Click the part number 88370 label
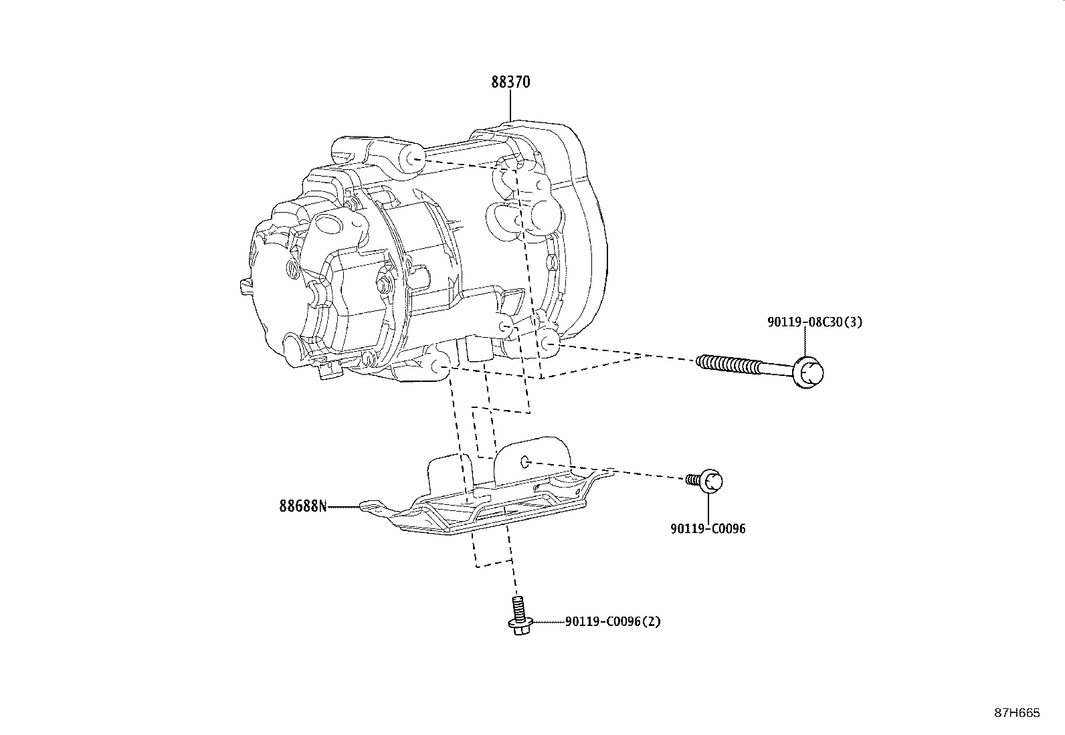click(510, 82)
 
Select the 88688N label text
click(303, 506)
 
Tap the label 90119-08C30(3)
click(815, 322)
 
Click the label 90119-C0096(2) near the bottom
click(612, 621)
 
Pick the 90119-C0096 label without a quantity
click(708, 529)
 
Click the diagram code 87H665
click(1017, 713)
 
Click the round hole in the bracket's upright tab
click(525, 461)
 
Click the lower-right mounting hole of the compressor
click(549, 342)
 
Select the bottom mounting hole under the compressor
click(442, 366)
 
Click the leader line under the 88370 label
click(510, 105)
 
